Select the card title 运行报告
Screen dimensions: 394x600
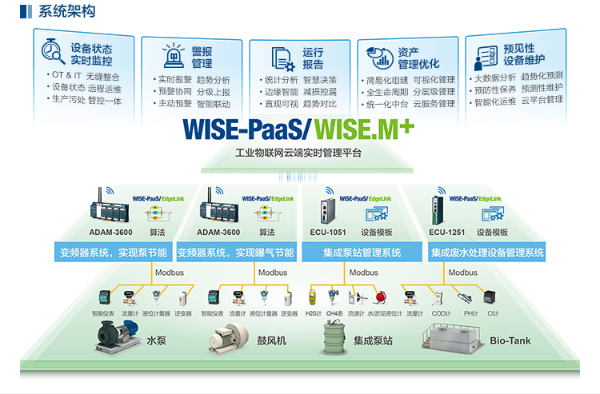(313, 58)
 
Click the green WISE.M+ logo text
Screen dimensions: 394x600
(363, 127)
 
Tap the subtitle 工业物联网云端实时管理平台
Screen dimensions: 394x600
(299, 153)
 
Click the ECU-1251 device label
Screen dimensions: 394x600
(446, 233)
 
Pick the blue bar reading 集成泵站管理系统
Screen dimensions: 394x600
(362, 253)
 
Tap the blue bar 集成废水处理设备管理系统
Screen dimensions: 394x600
(487, 253)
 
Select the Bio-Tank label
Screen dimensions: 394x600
(510, 340)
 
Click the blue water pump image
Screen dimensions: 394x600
(117, 335)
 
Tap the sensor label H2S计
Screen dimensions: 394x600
(314, 314)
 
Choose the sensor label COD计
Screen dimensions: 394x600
(441, 314)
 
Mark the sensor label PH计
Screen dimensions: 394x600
(470, 314)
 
